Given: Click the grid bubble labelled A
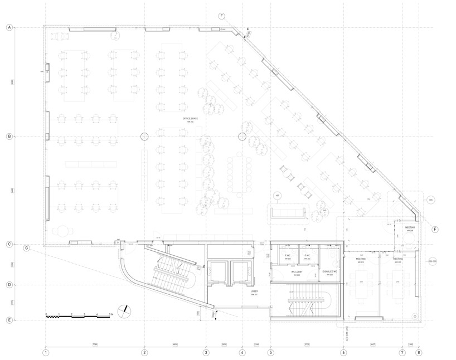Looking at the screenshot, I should pos(9,27).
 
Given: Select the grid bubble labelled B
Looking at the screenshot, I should pos(9,136).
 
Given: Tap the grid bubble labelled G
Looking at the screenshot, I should pos(26,248).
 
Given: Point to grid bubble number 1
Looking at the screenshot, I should pos(46,352).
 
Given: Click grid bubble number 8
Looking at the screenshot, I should pos(419,352).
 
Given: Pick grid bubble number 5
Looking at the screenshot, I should pos(271,352).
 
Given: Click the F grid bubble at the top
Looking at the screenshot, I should pos(222,16).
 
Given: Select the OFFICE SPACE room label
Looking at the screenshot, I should pos(190,120).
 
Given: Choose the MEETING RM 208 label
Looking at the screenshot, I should pos(410,228).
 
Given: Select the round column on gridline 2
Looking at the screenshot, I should pos(144,136).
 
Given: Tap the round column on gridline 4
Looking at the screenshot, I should pos(242,136).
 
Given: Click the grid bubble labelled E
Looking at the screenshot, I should pos(9,320).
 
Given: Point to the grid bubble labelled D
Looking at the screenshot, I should pos(9,285).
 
